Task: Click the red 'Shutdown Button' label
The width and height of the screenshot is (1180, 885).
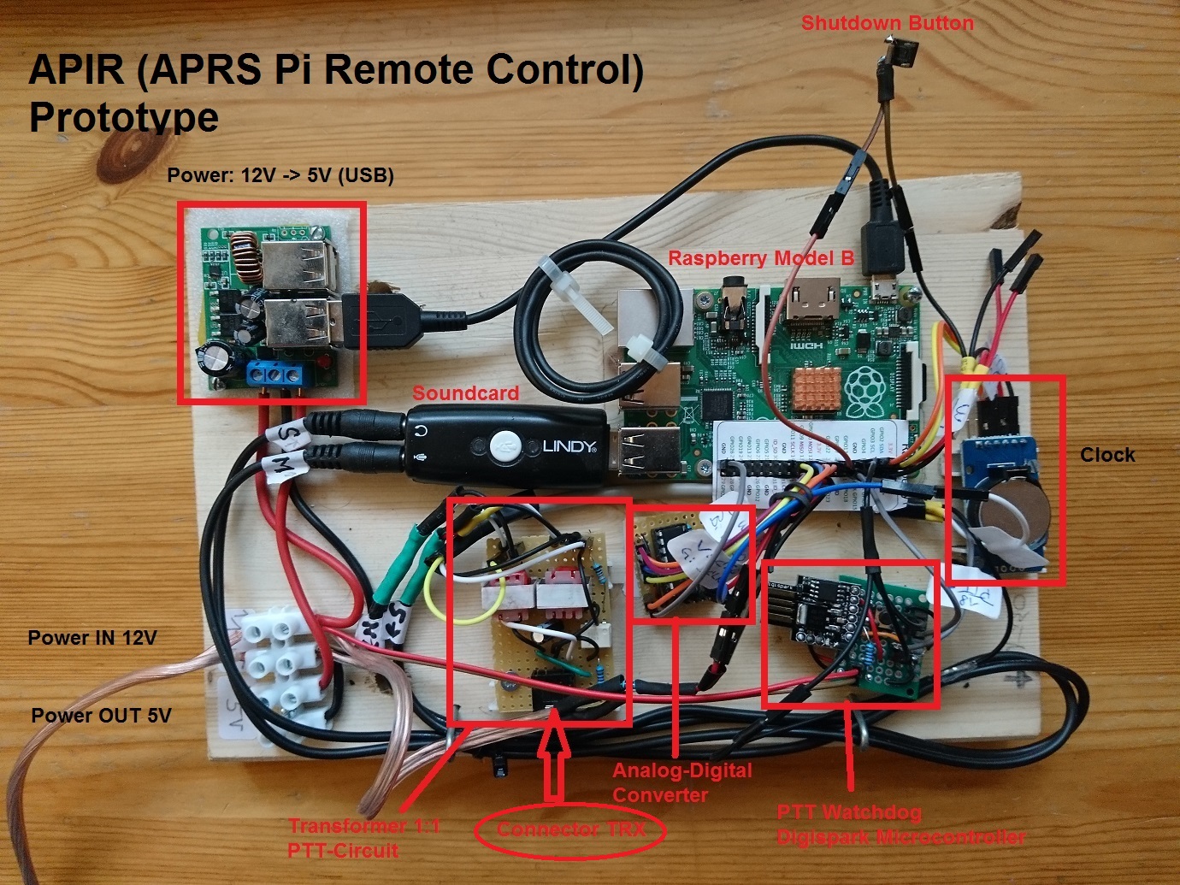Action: [887, 23]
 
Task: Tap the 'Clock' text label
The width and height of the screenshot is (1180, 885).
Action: [1107, 455]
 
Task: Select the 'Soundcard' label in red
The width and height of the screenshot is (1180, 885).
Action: [465, 393]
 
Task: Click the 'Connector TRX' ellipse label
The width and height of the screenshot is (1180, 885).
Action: [570, 829]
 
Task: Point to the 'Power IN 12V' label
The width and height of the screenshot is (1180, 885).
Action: [92, 638]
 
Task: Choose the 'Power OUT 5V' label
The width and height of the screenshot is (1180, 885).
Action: [101, 716]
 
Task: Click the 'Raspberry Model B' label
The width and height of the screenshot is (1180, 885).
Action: [761, 258]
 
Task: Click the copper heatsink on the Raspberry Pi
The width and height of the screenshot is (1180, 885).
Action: [808, 391]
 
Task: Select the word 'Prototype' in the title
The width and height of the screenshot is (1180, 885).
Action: [124, 117]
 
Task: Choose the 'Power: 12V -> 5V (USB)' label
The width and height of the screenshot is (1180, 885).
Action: [280, 176]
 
